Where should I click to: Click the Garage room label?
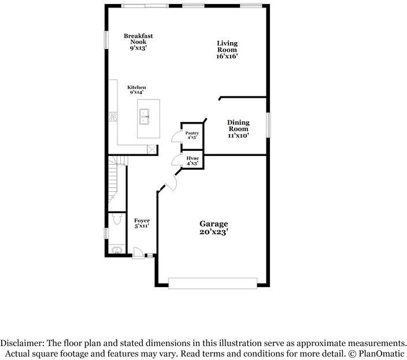(214, 228)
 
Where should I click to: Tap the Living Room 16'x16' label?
(227, 50)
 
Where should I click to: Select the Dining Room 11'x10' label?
(238, 129)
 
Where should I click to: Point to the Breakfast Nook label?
(138, 42)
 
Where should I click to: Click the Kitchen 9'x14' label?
(136, 90)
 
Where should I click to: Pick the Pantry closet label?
(192, 135)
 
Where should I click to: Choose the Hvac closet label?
(193, 161)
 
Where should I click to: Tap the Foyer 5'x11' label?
(142, 223)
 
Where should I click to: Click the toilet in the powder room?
(117, 218)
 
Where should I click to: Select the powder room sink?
(117, 250)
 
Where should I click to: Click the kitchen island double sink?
(144, 117)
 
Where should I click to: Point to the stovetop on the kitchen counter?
(113, 116)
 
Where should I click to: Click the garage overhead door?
(213, 283)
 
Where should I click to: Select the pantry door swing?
(176, 137)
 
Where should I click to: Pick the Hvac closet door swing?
(176, 159)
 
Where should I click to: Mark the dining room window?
(268, 125)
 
